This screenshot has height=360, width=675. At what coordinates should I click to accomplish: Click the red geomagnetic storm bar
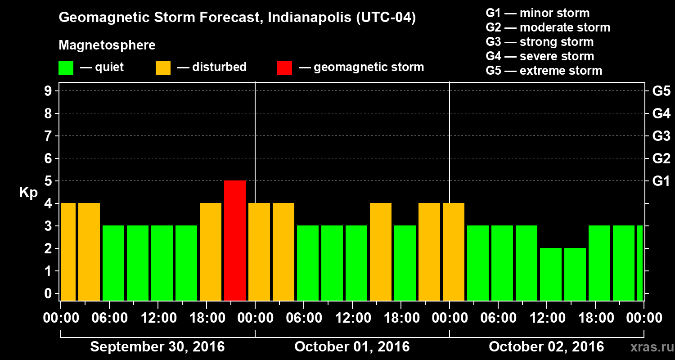[235, 240]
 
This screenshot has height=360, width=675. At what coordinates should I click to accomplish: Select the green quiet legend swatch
[66, 68]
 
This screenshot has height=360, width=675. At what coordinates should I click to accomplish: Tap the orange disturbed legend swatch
[163, 68]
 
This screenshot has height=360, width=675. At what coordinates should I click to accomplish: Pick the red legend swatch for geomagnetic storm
[284, 68]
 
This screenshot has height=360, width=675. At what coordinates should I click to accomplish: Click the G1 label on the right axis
[661, 181]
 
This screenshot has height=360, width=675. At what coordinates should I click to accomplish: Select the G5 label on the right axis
[661, 91]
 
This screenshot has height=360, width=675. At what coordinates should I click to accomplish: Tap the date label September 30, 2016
[157, 347]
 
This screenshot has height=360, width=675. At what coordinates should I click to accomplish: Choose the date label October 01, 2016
[352, 347]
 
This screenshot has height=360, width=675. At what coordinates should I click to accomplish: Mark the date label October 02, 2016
[546, 347]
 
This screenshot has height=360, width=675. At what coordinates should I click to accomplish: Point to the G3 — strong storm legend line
[540, 42]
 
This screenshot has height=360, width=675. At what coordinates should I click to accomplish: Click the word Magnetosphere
[107, 45]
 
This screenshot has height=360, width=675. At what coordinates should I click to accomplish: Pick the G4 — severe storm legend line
[540, 56]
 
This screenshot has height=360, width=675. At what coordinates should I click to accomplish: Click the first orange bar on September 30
[68, 252]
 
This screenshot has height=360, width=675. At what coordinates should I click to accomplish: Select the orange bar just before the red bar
[211, 252]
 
